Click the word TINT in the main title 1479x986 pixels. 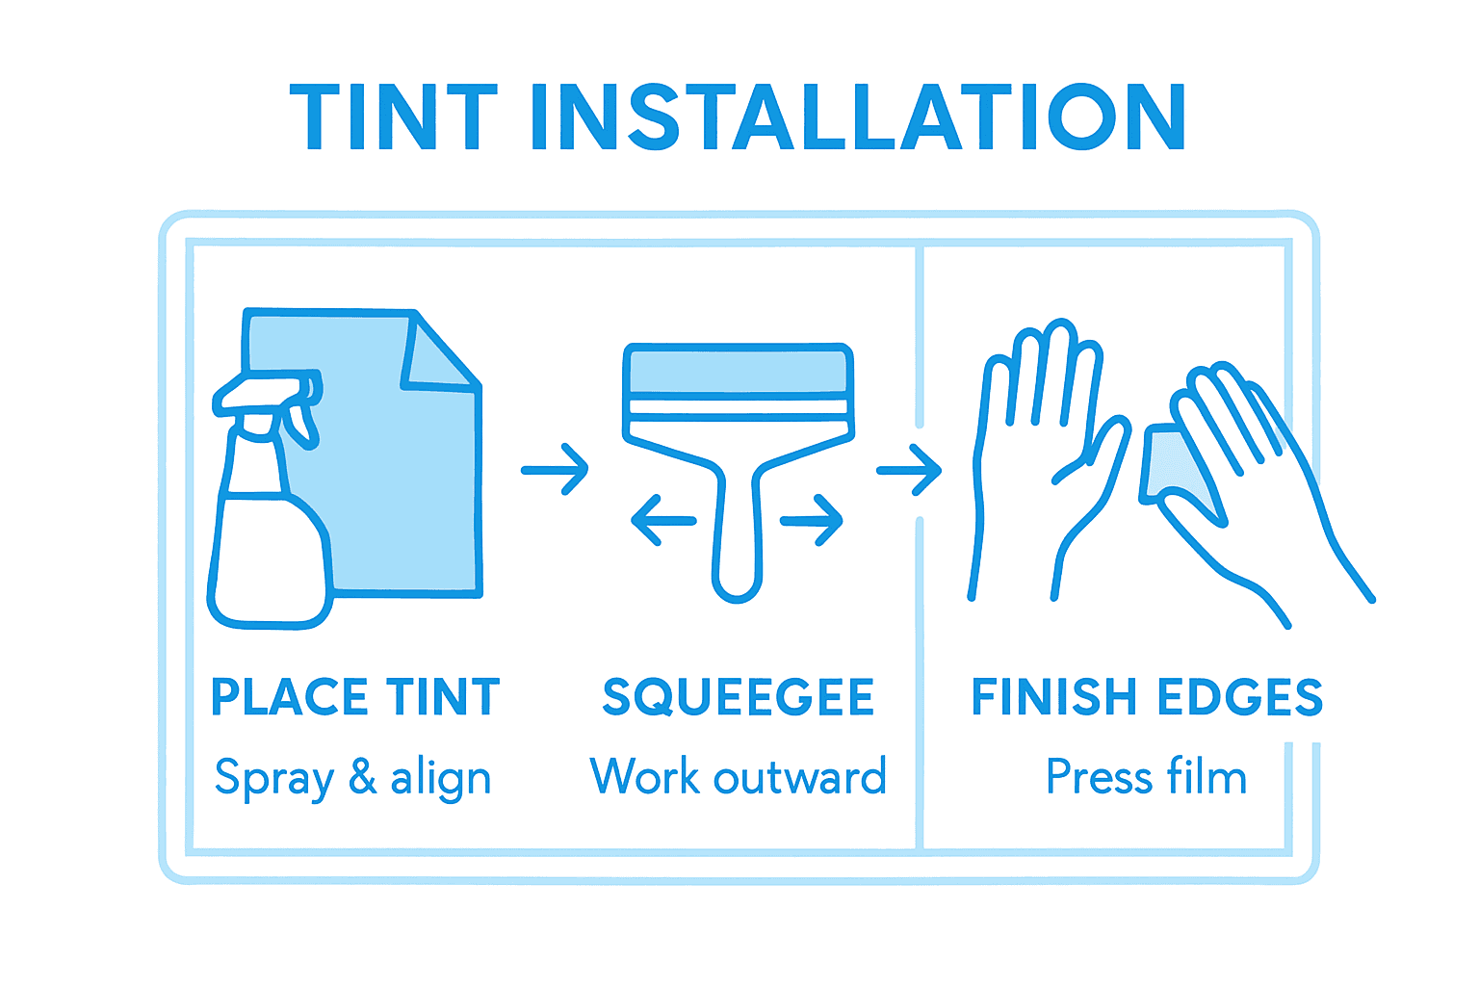393,117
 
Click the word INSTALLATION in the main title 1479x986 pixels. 857,117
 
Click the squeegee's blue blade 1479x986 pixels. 738,371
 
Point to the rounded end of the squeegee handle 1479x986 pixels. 737,583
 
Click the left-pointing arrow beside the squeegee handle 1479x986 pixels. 663,521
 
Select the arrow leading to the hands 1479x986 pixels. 909,470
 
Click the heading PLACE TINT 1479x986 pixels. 355,697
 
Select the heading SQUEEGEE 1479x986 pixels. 738,697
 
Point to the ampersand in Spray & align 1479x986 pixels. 362,776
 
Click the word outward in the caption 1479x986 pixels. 799,777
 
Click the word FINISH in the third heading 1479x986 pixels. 1054,697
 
